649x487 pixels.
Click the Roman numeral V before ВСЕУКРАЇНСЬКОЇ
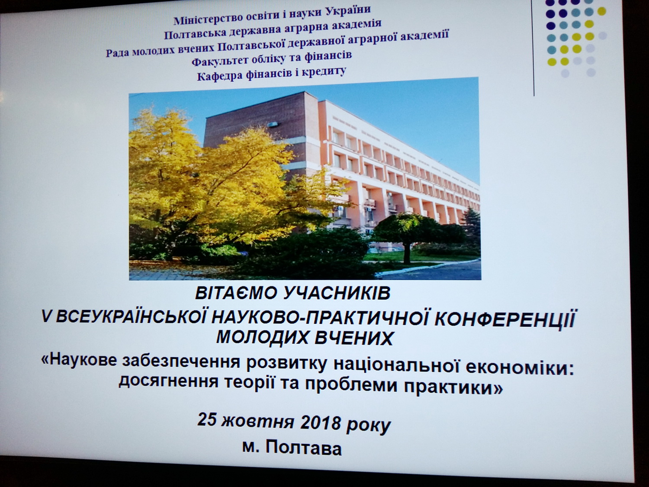[x=46, y=317]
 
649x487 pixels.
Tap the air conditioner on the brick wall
[x=273, y=125]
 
